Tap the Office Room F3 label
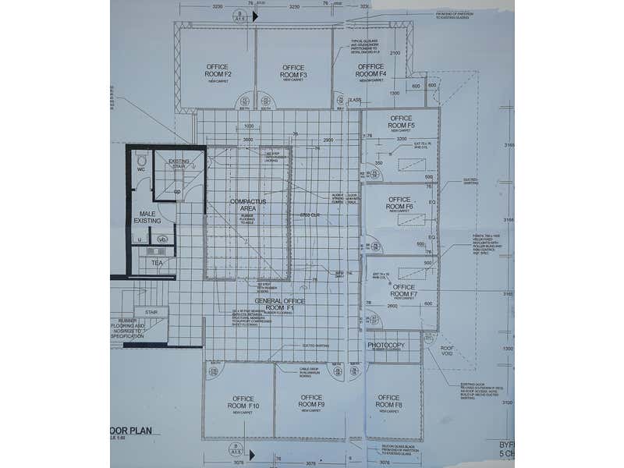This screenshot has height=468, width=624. coord(293,72)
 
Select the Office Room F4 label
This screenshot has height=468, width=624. coord(371,72)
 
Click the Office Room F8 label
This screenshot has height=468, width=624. coord(388,402)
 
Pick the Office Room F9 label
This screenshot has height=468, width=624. coord(310,400)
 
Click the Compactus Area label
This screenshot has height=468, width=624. coord(248,205)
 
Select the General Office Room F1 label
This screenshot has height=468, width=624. coord(279,304)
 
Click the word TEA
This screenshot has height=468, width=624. coord(156,263)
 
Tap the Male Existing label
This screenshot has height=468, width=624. coord(148,218)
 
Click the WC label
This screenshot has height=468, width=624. coord(141,169)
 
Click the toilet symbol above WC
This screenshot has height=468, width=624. coord(141,159)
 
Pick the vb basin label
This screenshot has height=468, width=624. coord(162,240)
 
